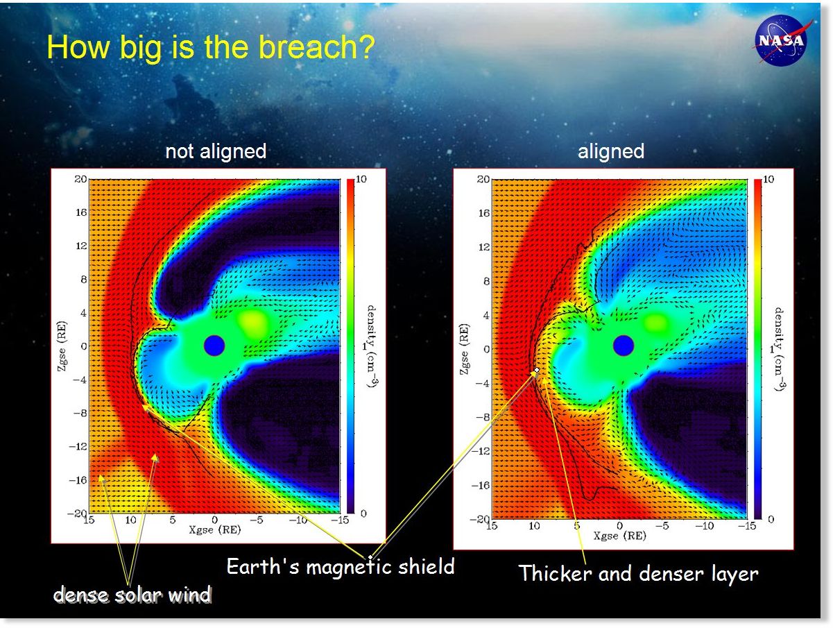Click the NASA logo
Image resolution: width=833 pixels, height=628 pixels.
pos(780,40)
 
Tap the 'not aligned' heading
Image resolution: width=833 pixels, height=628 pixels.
pos(216,151)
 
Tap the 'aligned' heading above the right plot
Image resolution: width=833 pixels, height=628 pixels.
pos(610,151)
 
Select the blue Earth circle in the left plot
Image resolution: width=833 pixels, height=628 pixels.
pos(214,346)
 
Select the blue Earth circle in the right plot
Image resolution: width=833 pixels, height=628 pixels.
pos(623,346)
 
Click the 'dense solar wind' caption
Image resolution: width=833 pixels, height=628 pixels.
pos(132,595)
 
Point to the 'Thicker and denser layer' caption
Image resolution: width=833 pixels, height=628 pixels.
pos(638,573)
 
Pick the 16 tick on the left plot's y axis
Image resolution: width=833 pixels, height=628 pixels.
pos(81,212)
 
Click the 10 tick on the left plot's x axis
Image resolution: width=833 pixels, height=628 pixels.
pos(130,520)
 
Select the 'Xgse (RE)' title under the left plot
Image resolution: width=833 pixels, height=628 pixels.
pos(215,530)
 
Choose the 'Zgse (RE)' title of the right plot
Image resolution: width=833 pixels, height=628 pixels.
pos(464,349)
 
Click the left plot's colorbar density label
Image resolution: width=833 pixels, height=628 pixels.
pos(371,346)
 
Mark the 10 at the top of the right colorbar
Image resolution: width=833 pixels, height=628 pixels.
pos(768,179)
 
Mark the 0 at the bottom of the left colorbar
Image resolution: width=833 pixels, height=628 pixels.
pos(363,514)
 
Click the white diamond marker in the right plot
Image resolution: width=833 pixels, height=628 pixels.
pos(537,370)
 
